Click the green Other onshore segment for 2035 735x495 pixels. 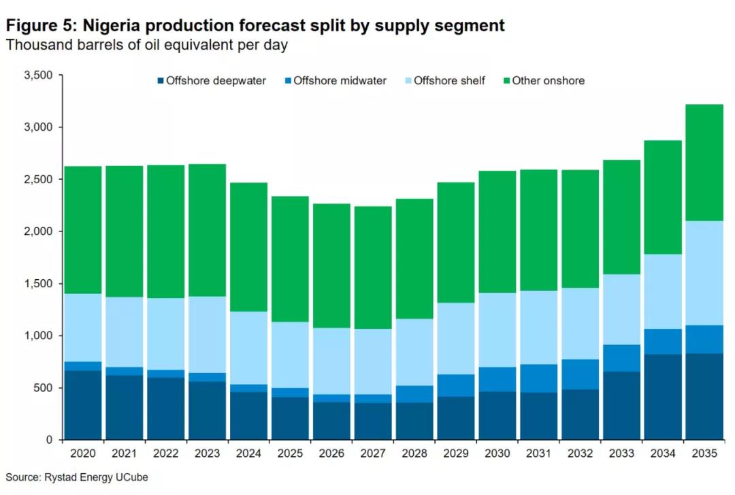point(704,163)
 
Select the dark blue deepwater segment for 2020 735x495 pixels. point(83,405)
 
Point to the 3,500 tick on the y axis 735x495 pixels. point(38,75)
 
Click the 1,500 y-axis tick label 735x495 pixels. point(38,284)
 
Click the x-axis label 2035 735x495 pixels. point(704,453)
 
